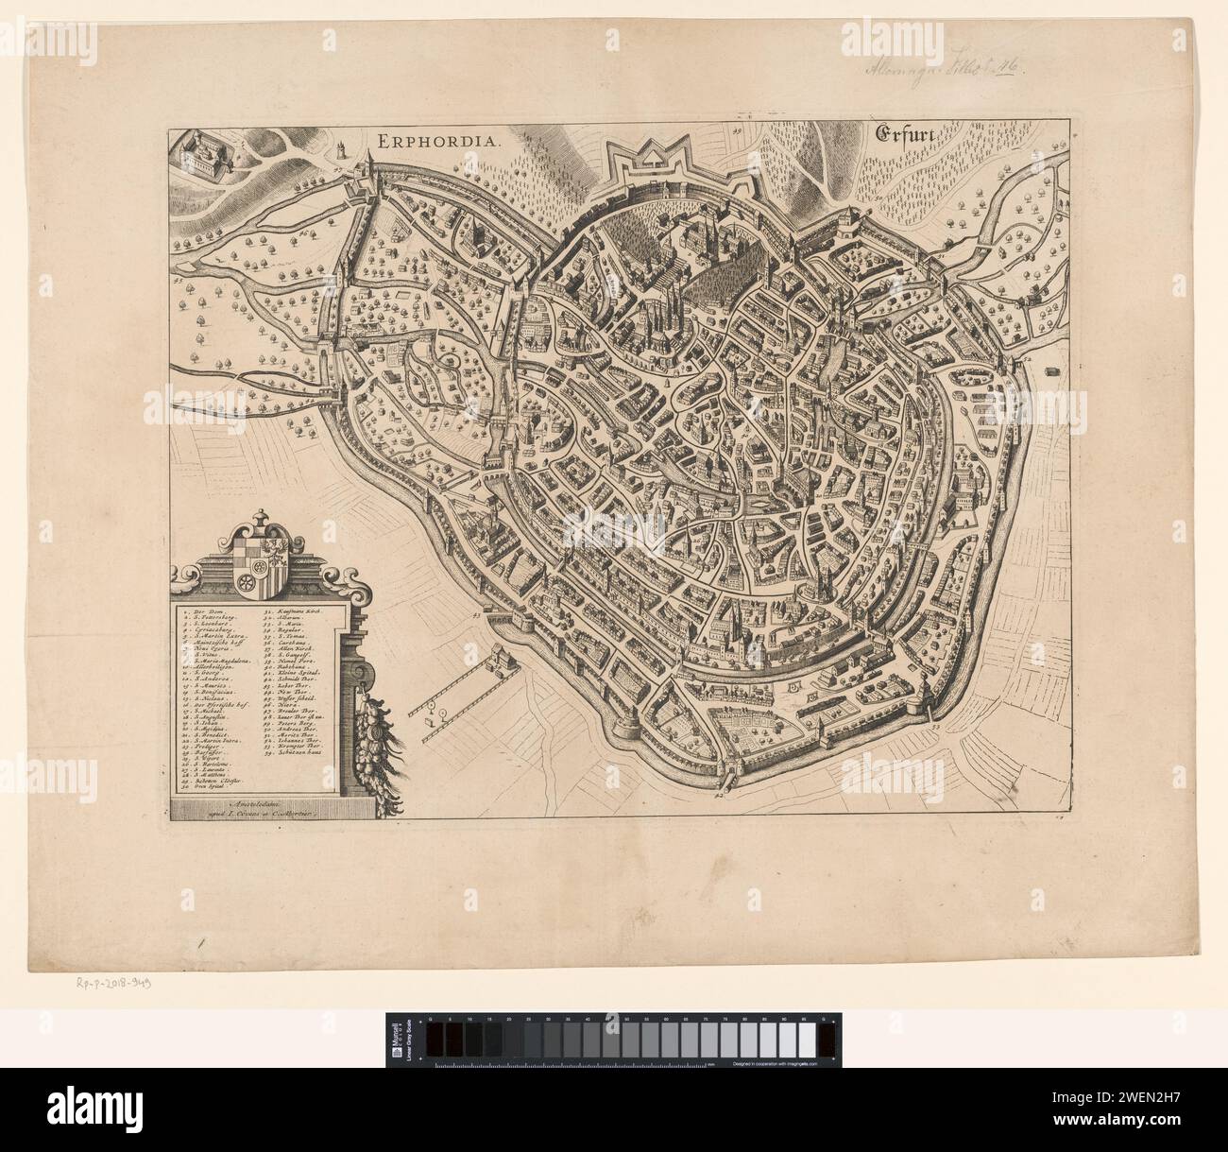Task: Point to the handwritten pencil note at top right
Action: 954,69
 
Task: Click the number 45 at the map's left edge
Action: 177,279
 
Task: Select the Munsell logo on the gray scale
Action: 403,1040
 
